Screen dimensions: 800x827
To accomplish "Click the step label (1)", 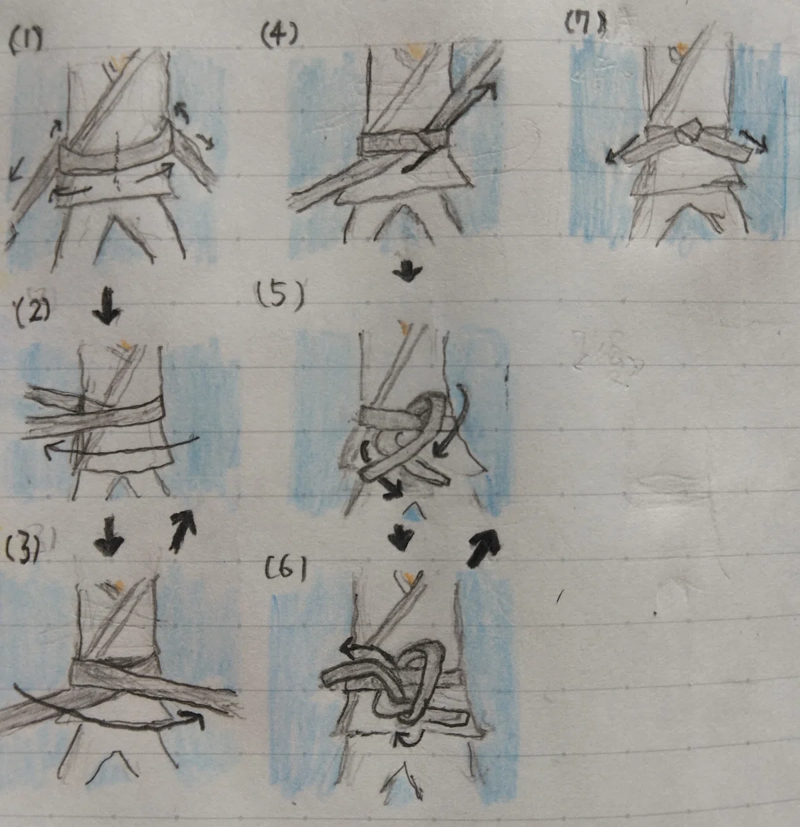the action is [25, 43].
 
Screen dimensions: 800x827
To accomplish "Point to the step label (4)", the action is [279, 35].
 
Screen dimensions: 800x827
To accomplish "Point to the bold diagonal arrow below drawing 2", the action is [183, 532].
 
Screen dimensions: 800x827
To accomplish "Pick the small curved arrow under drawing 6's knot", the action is [409, 738].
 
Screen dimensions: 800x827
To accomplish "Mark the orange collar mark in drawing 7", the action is [682, 47].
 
